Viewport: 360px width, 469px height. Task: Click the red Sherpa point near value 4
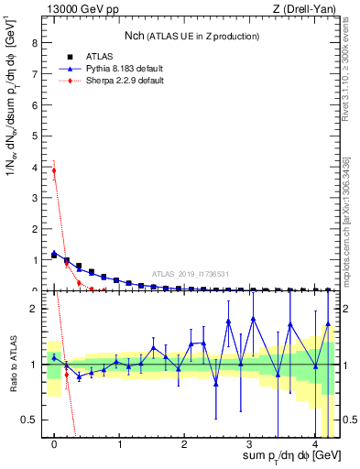coord(54,170)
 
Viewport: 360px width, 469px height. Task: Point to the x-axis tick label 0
coord(54,446)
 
